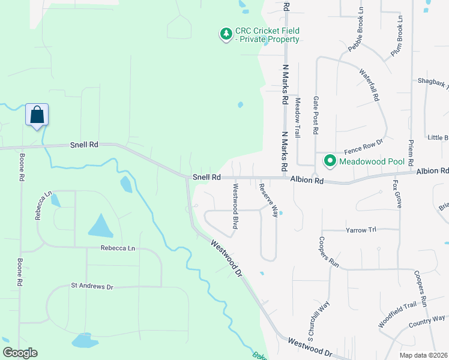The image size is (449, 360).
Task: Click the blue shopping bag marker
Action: (37, 114)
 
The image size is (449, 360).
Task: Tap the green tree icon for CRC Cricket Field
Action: (226, 35)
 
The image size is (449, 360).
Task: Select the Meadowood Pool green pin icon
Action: (330, 161)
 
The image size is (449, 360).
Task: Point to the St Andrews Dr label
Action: (92, 287)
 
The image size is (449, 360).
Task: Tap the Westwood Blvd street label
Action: (235, 206)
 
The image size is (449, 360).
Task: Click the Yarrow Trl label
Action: (361, 230)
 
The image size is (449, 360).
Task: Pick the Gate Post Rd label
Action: (316, 116)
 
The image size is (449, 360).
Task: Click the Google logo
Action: (20, 353)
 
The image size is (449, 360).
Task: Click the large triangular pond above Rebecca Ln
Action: (101, 226)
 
